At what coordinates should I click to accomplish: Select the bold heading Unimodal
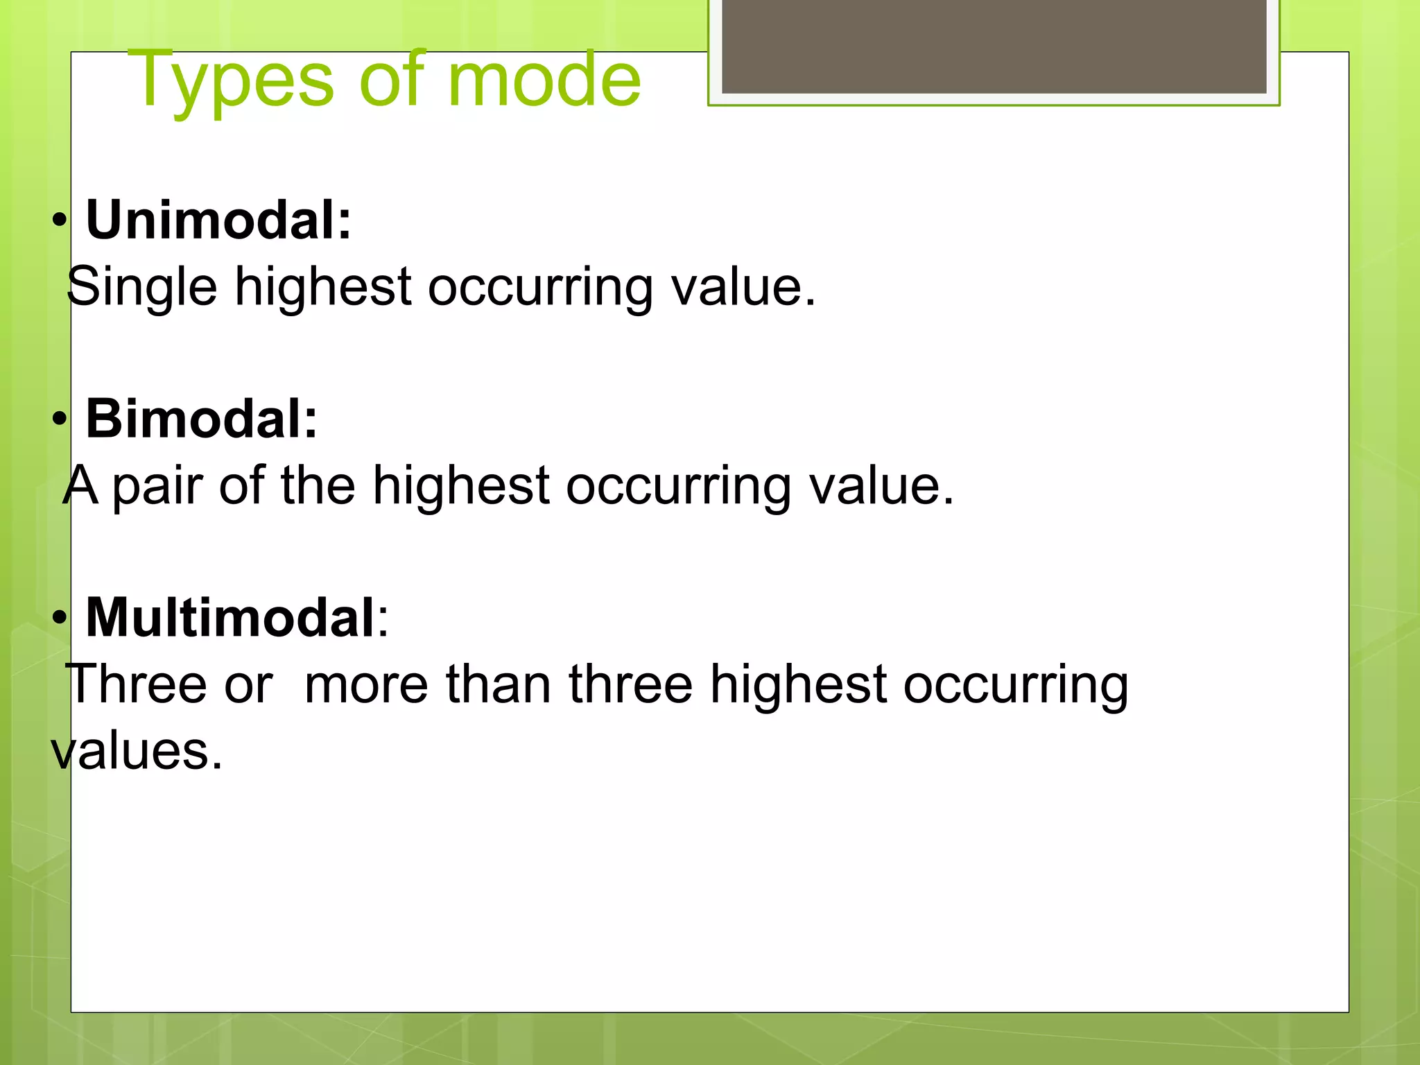tap(218, 220)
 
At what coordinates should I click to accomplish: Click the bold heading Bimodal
tap(201, 419)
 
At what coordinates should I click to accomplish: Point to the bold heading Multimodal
tap(230, 618)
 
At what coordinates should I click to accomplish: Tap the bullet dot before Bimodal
tap(60, 420)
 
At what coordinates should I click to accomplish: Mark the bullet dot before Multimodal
tap(60, 618)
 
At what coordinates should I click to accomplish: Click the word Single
tap(142, 286)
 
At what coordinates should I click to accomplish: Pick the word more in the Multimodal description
tap(366, 684)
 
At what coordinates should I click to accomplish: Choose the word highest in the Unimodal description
tap(323, 286)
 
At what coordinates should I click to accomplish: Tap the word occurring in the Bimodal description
tap(678, 485)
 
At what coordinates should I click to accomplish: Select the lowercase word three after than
tap(630, 684)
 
